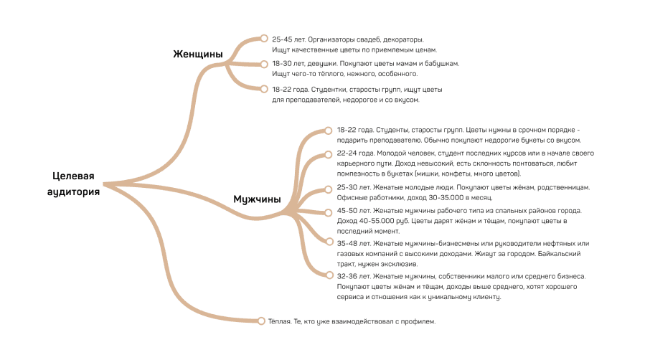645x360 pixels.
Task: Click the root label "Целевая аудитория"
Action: [x=73, y=184]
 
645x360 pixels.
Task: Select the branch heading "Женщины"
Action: [x=198, y=55]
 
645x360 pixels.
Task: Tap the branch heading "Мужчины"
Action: [x=257, y=199]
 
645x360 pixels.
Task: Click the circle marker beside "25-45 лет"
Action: [x=264, y=38]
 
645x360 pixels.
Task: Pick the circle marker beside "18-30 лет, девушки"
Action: [x=264, y=64]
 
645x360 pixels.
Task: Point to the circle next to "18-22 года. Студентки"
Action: [x=264, y=89]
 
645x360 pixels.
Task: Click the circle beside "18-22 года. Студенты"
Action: [x=329, y=131]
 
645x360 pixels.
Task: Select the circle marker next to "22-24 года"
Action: [x=329, y=154]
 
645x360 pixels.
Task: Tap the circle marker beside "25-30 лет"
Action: [x=329, y=189]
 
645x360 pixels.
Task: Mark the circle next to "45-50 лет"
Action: [x=329, y=212]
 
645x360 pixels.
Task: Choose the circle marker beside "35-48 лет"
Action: [x=329, y=241]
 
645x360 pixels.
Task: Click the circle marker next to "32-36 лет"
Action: [x=329, y=275]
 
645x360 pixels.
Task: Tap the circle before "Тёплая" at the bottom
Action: [x=261, y=321]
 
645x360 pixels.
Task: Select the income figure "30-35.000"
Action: [x=446, y=198]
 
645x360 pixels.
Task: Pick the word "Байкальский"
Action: [x=560, y=254]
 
